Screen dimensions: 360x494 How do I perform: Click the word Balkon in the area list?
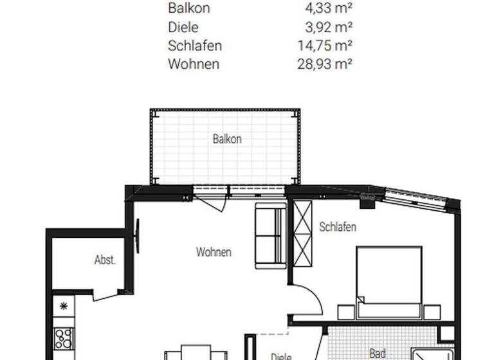188,9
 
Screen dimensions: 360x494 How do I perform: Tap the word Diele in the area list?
183,28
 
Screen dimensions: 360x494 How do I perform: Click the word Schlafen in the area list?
195,46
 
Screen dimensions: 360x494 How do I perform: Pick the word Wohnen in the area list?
194,64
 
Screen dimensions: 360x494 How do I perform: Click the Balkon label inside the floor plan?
227,139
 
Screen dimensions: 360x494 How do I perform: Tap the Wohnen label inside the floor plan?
214,253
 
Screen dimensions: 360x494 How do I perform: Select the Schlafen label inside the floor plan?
338,227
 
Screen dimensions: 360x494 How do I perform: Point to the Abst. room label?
105,260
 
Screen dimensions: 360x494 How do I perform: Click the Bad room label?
377,353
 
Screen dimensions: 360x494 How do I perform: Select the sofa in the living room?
270,236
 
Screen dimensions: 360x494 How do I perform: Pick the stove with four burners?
64,337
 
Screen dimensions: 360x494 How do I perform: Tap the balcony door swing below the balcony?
212,202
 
